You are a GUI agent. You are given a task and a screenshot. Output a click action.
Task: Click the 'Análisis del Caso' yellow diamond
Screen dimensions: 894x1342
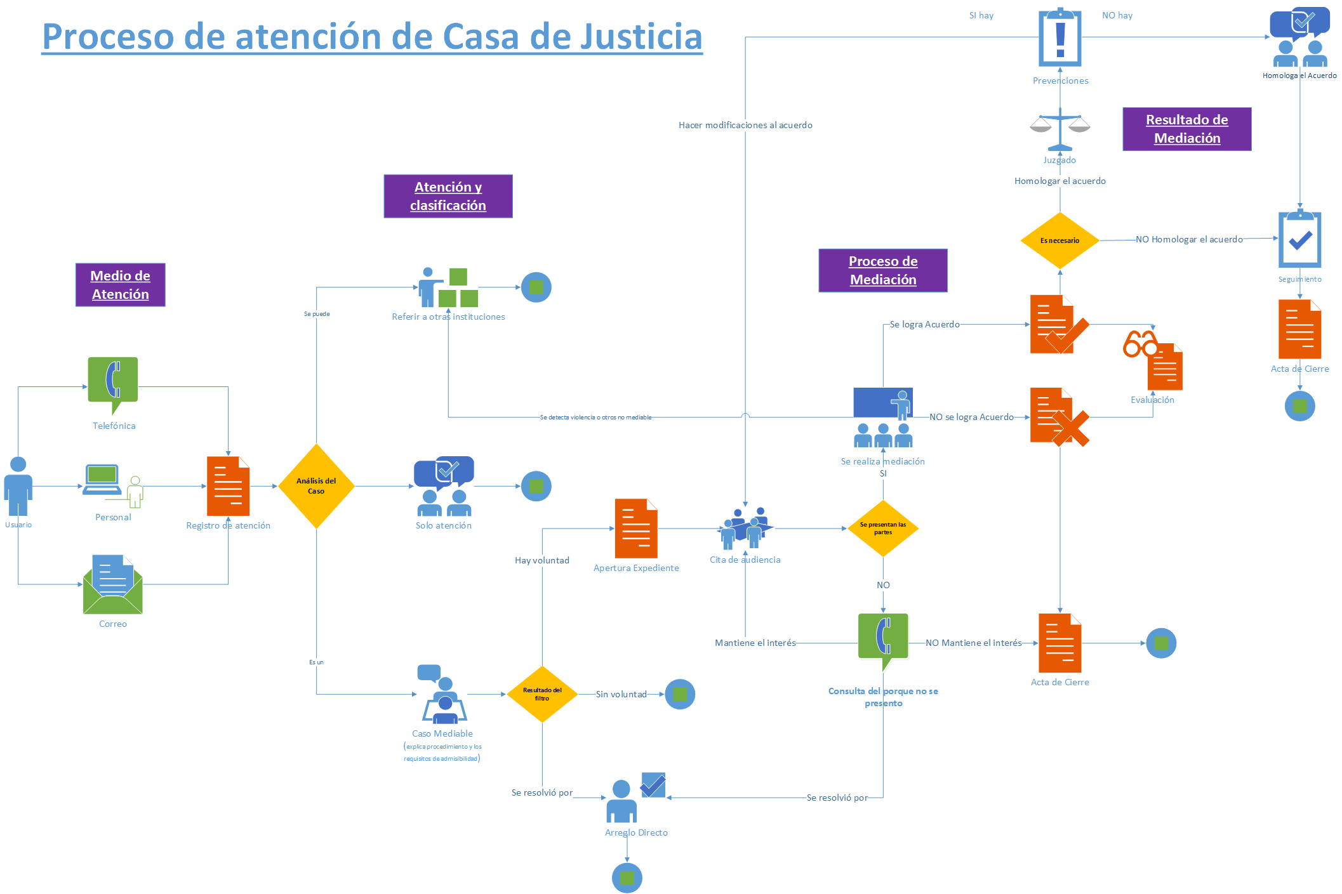pos(316,486)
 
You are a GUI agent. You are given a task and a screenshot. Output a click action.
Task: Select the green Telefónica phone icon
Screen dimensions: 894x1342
pos(113,383)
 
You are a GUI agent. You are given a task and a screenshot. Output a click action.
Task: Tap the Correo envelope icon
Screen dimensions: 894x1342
pos(113,585)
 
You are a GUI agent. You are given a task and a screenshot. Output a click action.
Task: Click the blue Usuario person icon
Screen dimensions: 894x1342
pos(18,486)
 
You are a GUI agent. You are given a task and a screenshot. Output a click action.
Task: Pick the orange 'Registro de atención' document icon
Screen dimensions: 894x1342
pos(228,486)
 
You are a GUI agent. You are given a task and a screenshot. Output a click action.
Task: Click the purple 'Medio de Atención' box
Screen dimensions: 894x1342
pos(121,285)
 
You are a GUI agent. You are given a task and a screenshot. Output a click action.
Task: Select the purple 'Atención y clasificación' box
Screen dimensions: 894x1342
pos(448,196)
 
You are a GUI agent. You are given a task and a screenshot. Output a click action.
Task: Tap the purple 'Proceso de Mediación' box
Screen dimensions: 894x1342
pos(883,270)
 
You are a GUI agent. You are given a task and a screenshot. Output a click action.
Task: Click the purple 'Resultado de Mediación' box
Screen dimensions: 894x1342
pos(1187,129)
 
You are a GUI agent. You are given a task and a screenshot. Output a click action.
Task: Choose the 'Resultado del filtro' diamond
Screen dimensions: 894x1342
pos(542,694)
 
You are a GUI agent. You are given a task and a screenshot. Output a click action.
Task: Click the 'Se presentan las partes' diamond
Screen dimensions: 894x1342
pos(883,528)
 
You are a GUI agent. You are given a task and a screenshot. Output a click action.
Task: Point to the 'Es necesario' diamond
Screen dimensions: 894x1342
pos(1060,240)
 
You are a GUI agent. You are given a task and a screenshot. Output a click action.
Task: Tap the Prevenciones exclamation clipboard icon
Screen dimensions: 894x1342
pos(1060,37)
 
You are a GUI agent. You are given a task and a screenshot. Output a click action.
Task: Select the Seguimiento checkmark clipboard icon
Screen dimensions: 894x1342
pos(1299,239)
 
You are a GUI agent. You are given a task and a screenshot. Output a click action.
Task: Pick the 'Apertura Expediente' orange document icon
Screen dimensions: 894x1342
pos(636,529)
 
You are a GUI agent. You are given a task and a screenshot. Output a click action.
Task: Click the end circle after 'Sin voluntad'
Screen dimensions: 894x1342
pos(680,694)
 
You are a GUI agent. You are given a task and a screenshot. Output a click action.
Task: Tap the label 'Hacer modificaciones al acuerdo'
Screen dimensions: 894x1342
pos(745,125)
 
